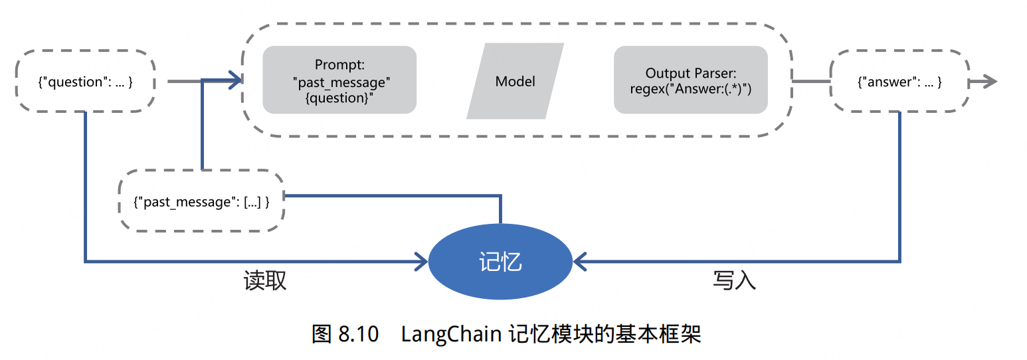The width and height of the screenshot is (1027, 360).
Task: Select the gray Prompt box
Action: pos(339,80)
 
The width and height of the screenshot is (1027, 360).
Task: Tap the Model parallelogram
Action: pos(515,81)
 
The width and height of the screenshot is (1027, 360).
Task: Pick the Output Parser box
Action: pos(690,80)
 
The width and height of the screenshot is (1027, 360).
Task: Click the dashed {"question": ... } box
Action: pos(85,81)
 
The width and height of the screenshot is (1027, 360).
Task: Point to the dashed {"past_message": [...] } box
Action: pos(201,201)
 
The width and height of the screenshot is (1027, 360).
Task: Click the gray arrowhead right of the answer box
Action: pos(990,81)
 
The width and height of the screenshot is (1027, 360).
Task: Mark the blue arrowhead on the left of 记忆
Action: pos(421,262)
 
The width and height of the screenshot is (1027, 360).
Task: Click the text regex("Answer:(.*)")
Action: pos(690,88)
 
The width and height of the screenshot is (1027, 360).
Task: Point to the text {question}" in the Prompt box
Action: pos(339,98)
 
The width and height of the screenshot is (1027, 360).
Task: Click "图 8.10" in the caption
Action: pos(345,334)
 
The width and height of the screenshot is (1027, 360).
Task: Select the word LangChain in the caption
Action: pos(450,334)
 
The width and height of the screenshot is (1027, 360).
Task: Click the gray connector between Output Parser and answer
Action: pos(810,81)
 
